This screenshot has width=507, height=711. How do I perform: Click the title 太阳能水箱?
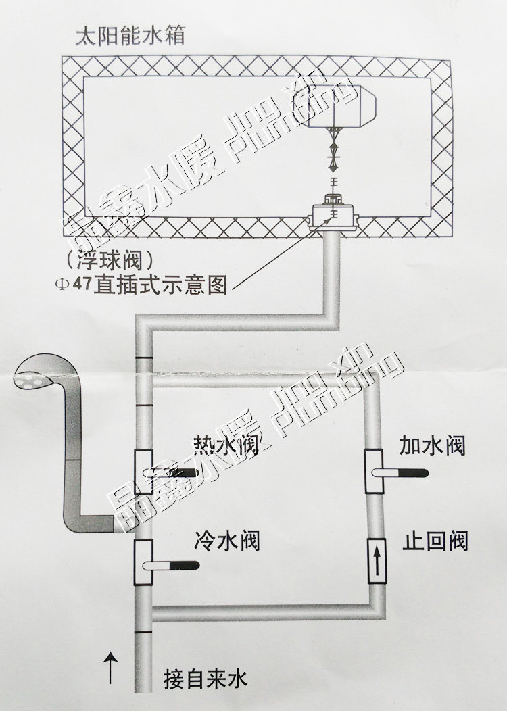click(129, 34)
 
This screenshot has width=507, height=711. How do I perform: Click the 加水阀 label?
click(432, 445)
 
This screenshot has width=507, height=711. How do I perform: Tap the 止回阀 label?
click(435, 541)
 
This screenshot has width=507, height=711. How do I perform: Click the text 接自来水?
click(206, 678)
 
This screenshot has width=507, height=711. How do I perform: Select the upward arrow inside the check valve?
click(376, 560)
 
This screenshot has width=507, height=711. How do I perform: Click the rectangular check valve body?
click(376, 560)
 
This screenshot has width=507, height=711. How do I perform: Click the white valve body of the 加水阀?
click(375, 472)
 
